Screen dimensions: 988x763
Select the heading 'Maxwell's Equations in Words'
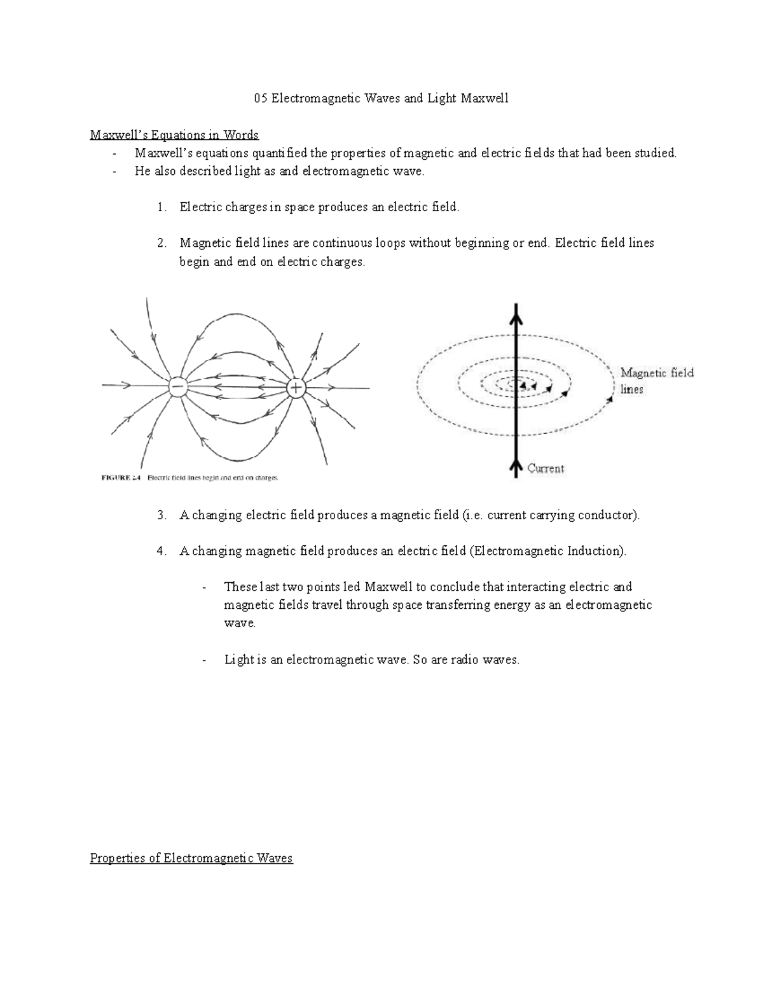coord(174,135)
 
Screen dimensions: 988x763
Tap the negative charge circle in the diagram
coord(177,387)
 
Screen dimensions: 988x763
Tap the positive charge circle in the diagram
coord(296,387)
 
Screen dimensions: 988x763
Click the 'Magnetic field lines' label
coord(656,380)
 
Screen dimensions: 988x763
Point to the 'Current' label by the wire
coord(546,469)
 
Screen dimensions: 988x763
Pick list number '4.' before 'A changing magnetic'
coord(162,551)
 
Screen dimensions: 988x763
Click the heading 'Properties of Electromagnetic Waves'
coord(191,858)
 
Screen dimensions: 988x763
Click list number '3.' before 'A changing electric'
coord(162,515)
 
